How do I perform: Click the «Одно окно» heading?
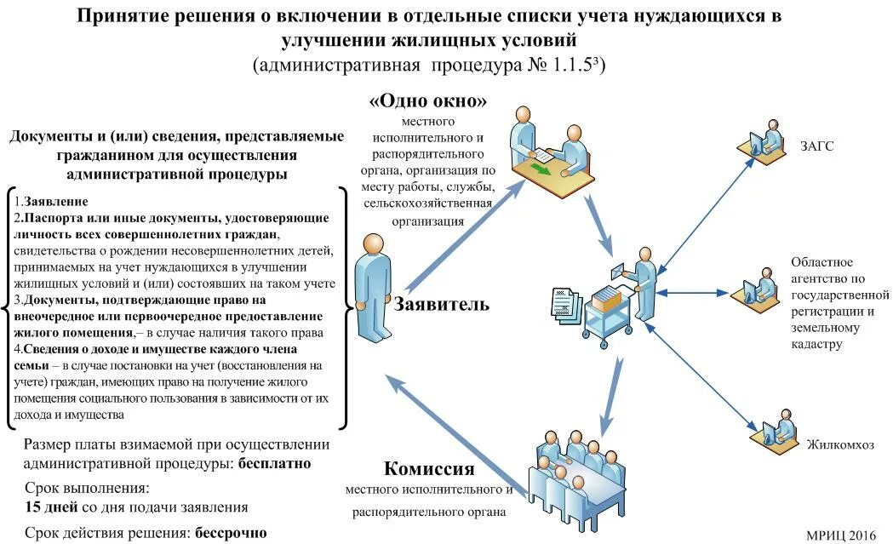click(x=427, y=100)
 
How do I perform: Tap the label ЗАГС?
click(x=816, y=146)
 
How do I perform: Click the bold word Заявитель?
click(x=441, y=304)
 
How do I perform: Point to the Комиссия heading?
click(x=428, y=468)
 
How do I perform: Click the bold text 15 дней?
click(x=53, y=507)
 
